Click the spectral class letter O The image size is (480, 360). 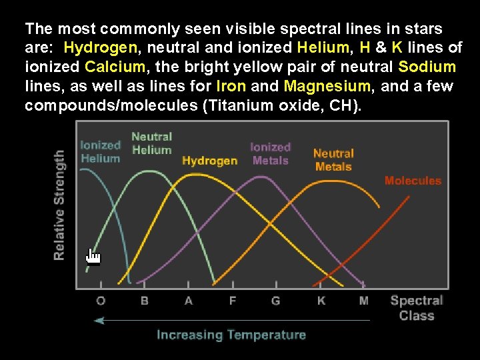tap(101, 301)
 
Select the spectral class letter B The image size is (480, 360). tap(145, 301)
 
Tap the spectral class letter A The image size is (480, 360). tap(189, 301)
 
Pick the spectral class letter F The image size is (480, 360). tap(233, 301)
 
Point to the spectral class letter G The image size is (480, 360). tap(276, 301)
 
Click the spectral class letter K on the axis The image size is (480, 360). tap(321, 301)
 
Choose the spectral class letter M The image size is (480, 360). tap(364, 301)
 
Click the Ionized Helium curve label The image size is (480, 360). tap(100, 152)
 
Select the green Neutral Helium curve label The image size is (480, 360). tap(151, 143)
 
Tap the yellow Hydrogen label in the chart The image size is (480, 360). tap(209, 161)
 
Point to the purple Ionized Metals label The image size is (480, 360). tap(271, 153)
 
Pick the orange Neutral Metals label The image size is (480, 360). tap(333, 160)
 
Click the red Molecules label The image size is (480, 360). tap(413, 181)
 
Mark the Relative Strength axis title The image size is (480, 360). tap(59, 205)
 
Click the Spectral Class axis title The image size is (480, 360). tap(417, 308)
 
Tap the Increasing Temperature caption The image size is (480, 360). tap(231, 335)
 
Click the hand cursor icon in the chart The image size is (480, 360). tap(93, 256)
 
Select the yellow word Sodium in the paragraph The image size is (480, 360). tap(427, 67)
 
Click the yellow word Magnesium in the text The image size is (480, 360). tap(327, 86)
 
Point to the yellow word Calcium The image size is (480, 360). tap(115, 67)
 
